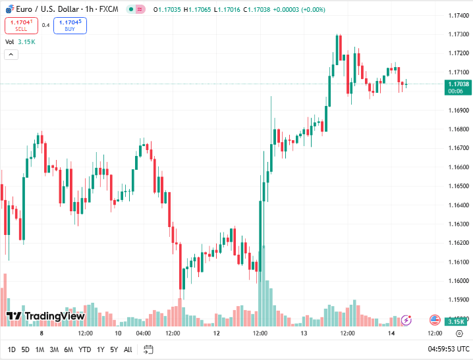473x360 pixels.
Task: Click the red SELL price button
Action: coord(21,26)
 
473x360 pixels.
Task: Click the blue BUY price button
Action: coord(70,26)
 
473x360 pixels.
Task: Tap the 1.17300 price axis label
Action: coord(458,34)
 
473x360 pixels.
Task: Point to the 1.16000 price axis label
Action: coord(458,281)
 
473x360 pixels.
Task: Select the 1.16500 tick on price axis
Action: coord(458,186)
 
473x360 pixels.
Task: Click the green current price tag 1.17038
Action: coord(458,84)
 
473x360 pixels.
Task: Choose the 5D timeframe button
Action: coord(26,349)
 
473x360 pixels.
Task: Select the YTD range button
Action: coord(85,349)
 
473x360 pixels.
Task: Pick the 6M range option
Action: coord(69,349)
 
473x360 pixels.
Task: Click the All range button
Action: coord(128,349)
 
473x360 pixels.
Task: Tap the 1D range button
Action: coord(12,349)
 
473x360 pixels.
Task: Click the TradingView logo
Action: coord(45,317)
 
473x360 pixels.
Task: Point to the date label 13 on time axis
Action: coord(304,334)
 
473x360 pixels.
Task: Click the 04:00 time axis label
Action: coord(144,334)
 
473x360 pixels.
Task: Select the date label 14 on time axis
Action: coord(391,334)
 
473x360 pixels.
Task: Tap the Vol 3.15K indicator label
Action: coord(20,42)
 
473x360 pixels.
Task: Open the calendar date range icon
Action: coord(148,349)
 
